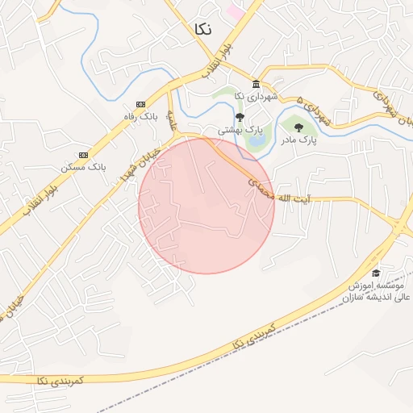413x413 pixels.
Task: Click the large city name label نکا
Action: point(203,28)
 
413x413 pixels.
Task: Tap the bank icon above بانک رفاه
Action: point(140,104)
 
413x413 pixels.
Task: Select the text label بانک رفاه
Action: point(140,117)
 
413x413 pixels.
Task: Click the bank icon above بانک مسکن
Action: point(84,155)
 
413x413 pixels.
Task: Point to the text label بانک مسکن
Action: point(84,167)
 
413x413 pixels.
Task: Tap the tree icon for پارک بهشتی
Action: point(240,117)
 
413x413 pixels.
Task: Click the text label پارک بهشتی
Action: point(240,129)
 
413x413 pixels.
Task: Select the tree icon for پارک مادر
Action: point(298,127)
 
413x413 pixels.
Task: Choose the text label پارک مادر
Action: point(298,140)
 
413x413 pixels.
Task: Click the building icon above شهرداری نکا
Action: point(256,85)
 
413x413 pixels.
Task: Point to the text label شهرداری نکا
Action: point(256,97)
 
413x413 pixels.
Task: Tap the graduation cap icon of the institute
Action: point(375,273)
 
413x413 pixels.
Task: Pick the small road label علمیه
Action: point(172,119)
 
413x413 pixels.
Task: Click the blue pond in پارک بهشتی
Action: point(257,141)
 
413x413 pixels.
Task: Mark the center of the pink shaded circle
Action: point(206,206)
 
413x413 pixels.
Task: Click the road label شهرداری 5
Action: point(314,110)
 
